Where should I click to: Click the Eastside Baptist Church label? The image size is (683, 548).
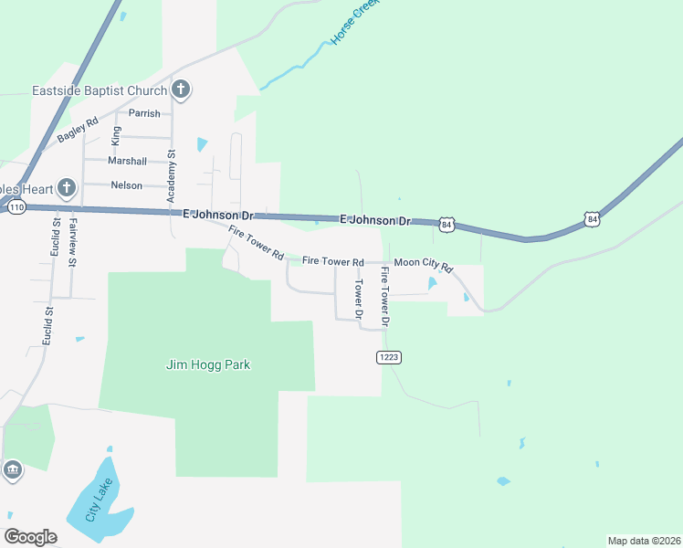(100, 90)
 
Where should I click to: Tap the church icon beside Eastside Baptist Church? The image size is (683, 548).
(181, 90)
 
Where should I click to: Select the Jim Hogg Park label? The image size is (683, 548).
(207, 364)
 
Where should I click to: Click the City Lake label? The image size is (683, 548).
(100, 499)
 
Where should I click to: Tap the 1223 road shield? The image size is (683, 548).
(389, 357)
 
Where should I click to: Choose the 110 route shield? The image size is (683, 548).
(16, 208)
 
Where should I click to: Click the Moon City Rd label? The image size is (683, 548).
(423, 263)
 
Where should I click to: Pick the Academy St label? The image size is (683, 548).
(170, 177)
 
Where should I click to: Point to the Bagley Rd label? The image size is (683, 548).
(78, 130)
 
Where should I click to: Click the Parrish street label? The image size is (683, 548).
(144, 113)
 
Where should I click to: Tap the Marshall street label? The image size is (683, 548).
(127, 161)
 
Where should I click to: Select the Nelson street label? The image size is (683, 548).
(126, 185)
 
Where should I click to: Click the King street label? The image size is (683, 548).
(115, 136)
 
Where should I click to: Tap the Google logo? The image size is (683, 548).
(30, 537)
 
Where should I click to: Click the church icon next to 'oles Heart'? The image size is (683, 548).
(66, 188)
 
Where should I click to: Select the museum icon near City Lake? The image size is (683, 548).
(13, 470)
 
